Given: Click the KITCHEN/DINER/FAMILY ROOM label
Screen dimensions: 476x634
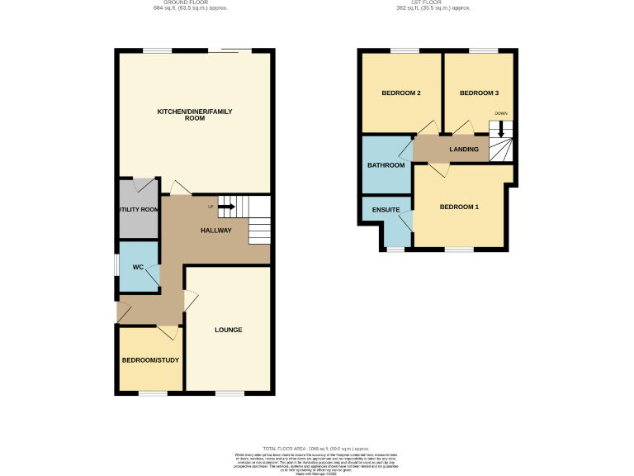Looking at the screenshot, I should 194,115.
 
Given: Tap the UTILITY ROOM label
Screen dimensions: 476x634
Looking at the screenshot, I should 138,210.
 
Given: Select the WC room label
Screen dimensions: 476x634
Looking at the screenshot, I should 138,267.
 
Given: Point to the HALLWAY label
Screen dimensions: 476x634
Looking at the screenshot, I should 216,231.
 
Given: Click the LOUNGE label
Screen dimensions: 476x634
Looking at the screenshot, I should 229,330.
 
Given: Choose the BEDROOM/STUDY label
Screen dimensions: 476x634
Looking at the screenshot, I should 150,360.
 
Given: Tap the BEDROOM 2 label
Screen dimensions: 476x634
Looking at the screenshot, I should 401,93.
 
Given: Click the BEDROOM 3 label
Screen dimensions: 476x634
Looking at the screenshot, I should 479,93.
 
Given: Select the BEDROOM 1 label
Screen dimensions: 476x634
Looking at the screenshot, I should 459,207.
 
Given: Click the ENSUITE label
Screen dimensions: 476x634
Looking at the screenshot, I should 386,210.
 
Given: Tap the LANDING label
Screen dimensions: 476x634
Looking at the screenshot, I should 463,150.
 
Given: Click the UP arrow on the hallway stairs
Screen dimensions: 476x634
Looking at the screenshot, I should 225,207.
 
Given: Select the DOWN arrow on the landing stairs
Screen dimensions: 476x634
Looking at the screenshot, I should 500,131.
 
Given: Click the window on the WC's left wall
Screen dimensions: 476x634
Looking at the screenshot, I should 116,267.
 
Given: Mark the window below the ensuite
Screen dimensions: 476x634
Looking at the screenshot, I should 396,249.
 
